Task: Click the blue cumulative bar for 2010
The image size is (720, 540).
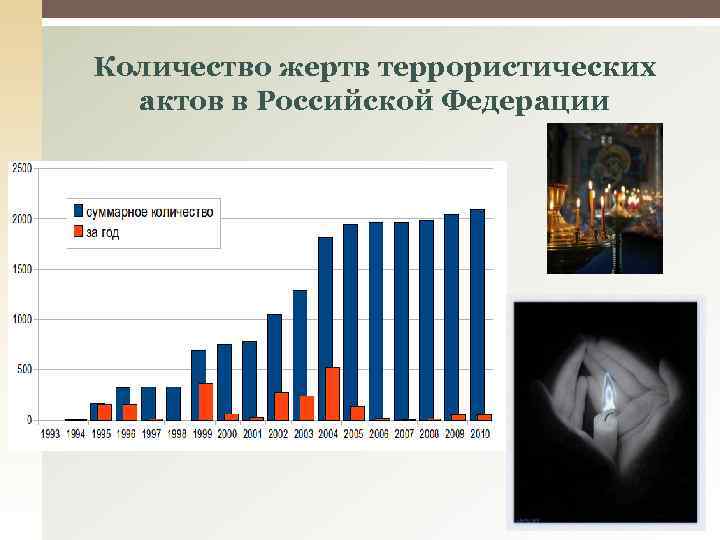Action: (477, 314)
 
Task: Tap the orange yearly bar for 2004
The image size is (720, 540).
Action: (332, 393)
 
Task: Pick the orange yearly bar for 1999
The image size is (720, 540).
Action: (205, 401)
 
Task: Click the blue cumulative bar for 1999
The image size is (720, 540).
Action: (198, 385)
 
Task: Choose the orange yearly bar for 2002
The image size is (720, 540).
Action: (281, 406)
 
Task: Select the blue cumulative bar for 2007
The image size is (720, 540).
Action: (401, 321)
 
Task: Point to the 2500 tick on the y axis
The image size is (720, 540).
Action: (20, 168)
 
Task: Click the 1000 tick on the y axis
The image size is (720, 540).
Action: (20, 319)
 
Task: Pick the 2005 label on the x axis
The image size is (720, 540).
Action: (354, 434)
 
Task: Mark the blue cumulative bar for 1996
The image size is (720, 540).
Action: (122, 403)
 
